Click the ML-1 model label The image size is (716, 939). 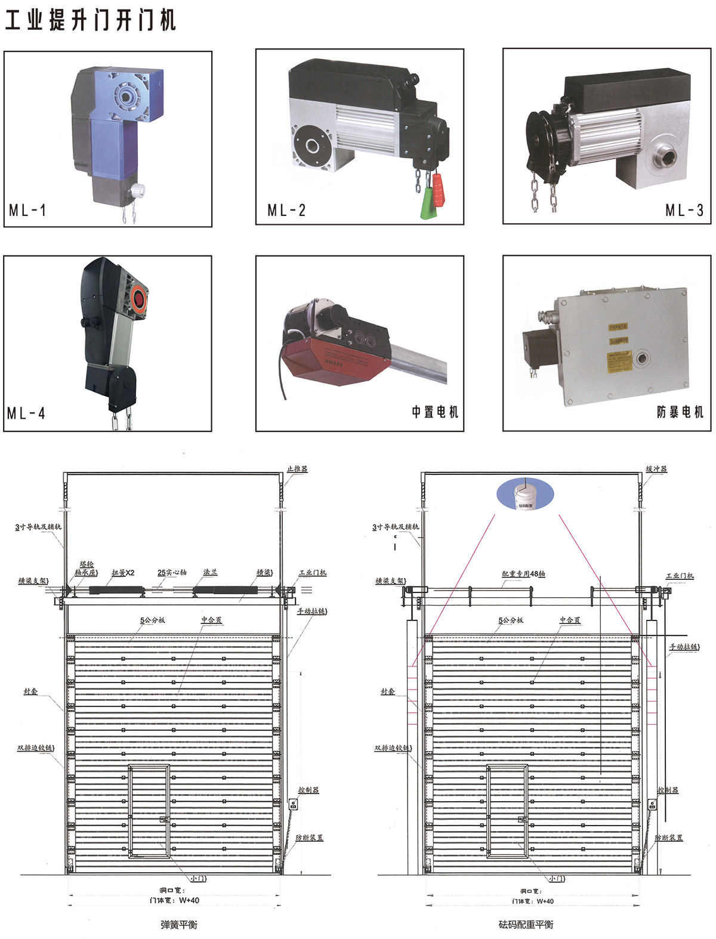coord(27,210)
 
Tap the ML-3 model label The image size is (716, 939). coord(684,210)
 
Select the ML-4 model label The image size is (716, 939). coord(26,413)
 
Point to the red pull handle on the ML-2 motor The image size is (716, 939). coord(439,189)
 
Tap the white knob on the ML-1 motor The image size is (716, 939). coord(138,190)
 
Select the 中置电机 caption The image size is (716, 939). coord(435,412)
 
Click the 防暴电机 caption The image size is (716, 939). coord(680,412)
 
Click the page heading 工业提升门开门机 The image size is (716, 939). coord(91,20)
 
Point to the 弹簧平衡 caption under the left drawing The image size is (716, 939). coord(178,925)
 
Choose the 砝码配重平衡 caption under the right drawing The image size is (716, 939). coord(526,925)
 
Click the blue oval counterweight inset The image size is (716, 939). coord(525,495)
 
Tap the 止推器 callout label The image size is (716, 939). coord(297,469)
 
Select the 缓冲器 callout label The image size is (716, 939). coord(656,469)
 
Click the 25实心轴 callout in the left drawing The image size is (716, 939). coord(172,572)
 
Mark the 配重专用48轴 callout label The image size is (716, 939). coord(523,574)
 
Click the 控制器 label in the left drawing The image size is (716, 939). coord(308,790)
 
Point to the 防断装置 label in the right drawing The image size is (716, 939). coord(669,838)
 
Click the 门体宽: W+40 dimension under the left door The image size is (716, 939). coord(174,900)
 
